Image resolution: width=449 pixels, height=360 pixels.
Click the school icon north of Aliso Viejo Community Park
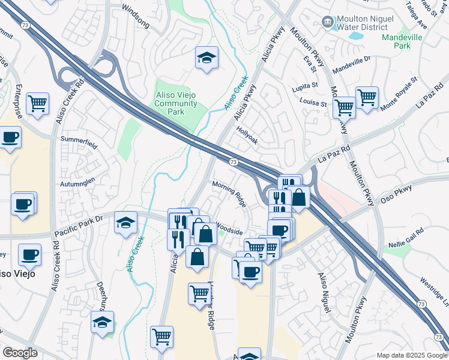[x=207, y=58]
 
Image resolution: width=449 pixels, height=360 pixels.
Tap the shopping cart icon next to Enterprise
[x=37, y=103]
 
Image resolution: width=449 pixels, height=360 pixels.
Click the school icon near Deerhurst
[x=103, y=322]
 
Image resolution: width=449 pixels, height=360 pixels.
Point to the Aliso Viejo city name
[x=16, y=274]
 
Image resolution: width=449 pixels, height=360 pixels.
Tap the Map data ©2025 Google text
[x=411, y=355]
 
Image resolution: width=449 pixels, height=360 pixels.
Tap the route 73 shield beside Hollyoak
[x=232, y=162]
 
